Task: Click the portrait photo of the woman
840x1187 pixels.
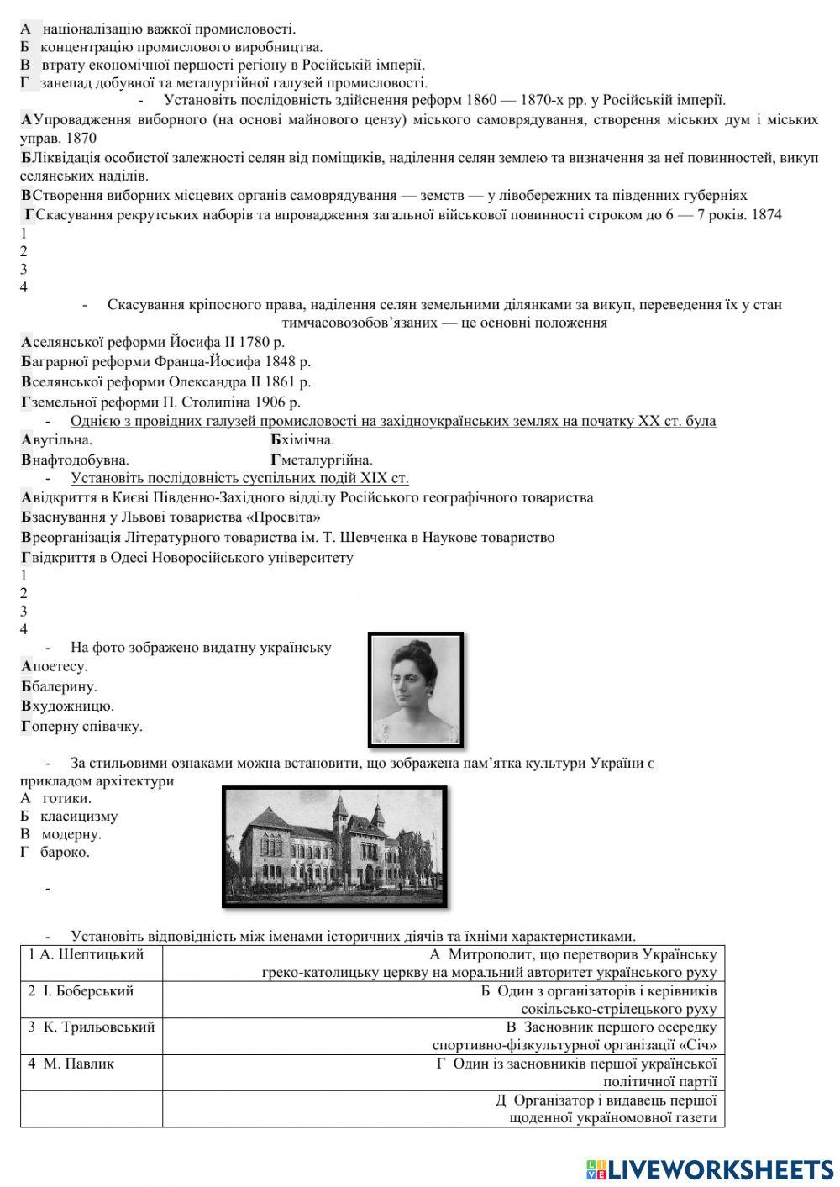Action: click(416, 689)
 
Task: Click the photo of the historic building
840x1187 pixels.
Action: click(334, 846)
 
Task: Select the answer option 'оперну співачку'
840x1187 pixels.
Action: click(82, 727)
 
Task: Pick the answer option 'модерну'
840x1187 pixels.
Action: click(71, 834)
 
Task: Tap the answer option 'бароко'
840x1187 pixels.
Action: click(65, 853)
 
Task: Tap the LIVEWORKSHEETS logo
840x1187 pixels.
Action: click(710, 1169)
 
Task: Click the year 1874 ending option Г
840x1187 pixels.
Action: click(767, 215)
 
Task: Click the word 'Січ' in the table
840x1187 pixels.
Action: click(702, 1046)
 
